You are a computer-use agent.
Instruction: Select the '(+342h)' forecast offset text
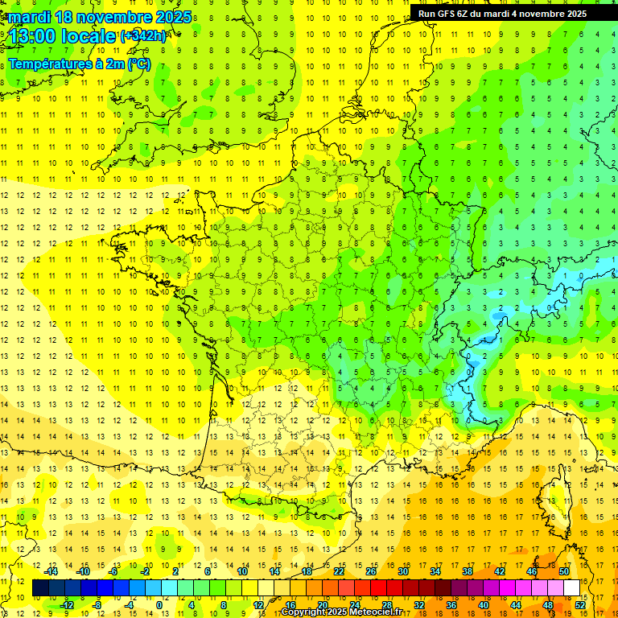143,36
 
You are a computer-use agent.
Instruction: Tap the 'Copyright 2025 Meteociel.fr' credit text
341,612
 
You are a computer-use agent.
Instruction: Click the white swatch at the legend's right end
571,588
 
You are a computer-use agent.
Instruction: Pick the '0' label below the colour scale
159,605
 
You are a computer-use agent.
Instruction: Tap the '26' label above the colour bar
371,571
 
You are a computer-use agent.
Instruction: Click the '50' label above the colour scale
564,571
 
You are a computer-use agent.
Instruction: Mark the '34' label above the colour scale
435,571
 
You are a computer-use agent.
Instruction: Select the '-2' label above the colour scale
146,571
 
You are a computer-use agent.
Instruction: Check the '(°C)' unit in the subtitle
138,64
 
